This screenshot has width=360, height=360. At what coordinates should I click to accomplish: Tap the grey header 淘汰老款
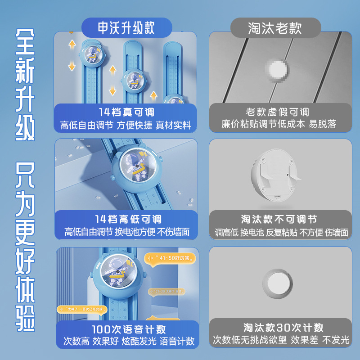(275, 28)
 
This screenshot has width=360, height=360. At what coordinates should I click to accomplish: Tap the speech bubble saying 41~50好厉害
(171, 258)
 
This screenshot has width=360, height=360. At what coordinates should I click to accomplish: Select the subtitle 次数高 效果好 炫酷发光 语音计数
(129, 341)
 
